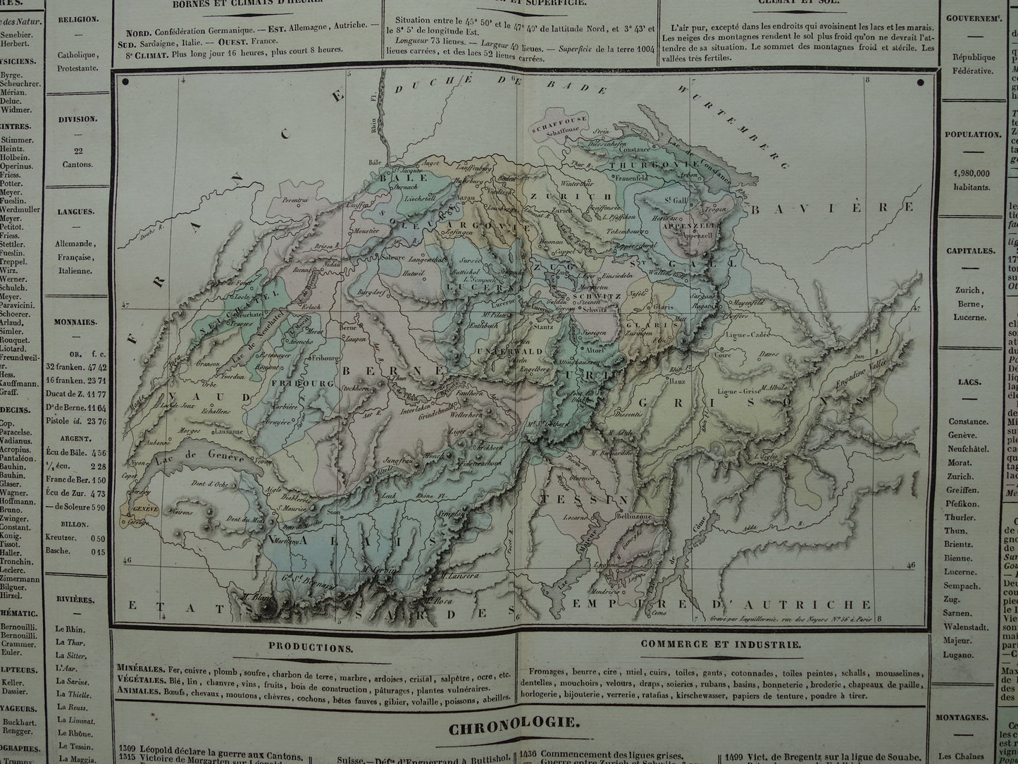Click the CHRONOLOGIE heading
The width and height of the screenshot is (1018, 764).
coord(514,722)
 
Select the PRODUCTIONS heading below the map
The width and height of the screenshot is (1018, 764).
coord(311,646)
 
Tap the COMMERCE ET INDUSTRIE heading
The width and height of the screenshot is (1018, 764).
coord(721,644)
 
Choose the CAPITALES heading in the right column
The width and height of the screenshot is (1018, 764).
coord(971,251)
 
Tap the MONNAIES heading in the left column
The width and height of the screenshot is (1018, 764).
coord(77,322)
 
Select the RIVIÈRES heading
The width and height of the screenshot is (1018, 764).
coord(77,600)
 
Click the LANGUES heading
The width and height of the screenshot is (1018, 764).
coord(77,211)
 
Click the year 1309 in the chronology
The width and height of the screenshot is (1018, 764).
coord(127,748)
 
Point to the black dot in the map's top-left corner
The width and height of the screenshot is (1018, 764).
coord(125,82)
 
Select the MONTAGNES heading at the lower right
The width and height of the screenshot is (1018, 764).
coord(971,718)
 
